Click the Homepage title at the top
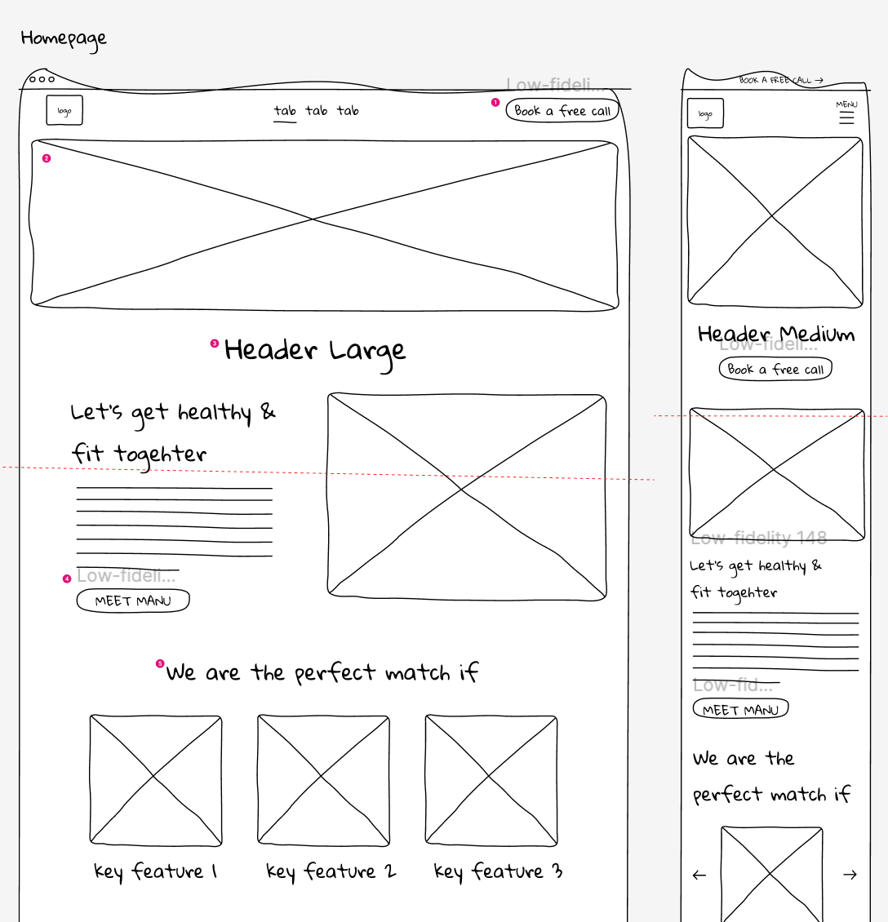[64, 38]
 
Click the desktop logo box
[64, 111]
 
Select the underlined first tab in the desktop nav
[285, 111]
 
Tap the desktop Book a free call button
[562, 110]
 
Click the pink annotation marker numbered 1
[495, 102]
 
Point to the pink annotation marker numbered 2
[47, 158]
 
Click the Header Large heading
[315, 351]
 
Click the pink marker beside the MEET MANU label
[67, 578]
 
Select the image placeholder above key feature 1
[155, 780]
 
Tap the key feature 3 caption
[498, 871]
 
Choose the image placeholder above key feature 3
[491, 780]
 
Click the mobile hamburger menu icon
[846, 117]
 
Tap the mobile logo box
[705, 114]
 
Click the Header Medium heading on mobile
[776, 335]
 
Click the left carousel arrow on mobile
[699, 875]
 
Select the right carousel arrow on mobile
[850, 875]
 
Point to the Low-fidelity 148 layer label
[759, 538]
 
